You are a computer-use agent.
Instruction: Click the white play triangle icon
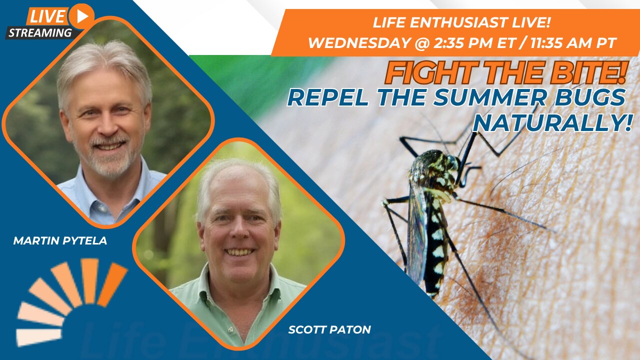(x=83, y=17)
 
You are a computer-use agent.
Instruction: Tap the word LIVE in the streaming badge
(x=47, y=16)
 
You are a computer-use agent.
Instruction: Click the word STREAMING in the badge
(x=40, y=33)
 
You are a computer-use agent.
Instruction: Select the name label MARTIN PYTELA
(x=60, y=241)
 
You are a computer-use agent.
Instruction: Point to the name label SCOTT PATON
(x=329, y=329)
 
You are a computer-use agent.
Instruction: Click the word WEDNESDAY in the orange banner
(x=358, y=43)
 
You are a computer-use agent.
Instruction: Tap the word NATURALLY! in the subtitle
(x=552, y=123)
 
